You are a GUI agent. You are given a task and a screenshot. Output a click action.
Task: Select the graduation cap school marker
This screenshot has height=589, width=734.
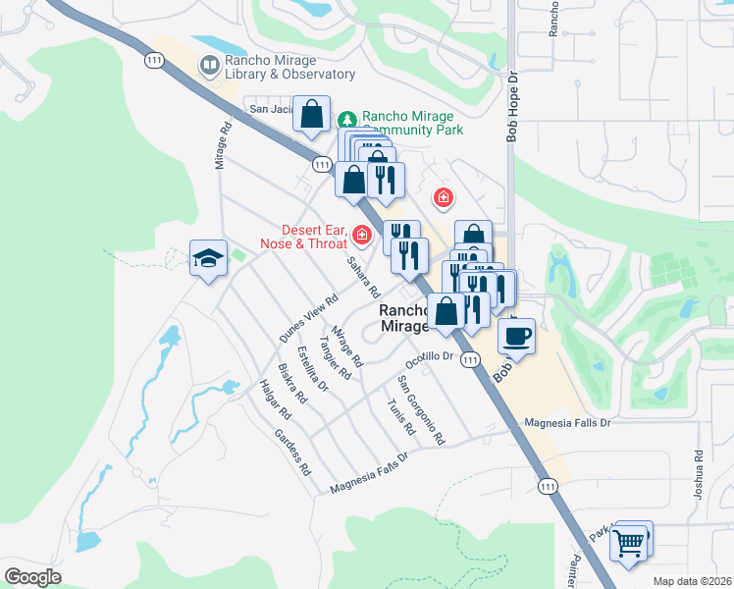(208, 258)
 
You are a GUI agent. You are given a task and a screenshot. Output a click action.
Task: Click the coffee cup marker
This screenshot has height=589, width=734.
(516, 336)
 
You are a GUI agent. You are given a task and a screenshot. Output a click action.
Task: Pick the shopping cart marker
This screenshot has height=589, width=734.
(628, 541)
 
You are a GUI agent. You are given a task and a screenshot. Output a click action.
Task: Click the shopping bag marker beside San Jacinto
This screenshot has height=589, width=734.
(311, 114)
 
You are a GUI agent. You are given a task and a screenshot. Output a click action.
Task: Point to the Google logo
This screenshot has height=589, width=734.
(32, 576)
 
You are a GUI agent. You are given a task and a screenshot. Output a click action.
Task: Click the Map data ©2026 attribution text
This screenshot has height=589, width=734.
(692, 581)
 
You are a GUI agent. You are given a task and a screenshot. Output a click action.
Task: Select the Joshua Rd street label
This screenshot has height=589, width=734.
(698, 474)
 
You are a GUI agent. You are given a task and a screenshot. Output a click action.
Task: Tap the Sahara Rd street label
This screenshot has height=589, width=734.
(362, 278)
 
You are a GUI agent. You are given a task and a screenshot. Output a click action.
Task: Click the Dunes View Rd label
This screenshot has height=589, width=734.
(308, 318)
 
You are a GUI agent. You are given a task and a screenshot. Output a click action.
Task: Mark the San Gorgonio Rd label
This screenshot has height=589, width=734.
(421, 409)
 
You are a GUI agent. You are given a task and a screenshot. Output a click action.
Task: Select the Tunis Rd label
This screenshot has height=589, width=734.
(401, 417)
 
